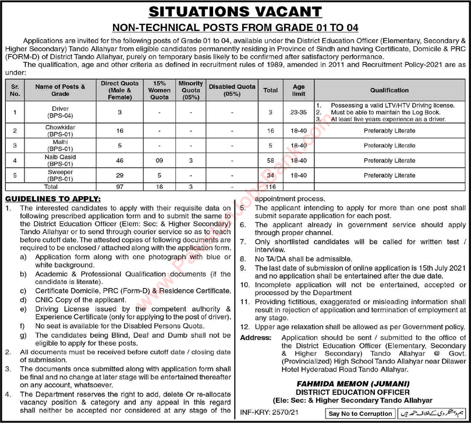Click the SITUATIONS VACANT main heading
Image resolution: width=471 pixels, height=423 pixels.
235,12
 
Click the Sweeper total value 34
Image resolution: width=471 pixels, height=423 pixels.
270,176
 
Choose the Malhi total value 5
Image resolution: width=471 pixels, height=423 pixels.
270,146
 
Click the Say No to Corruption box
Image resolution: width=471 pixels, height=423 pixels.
361,414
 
